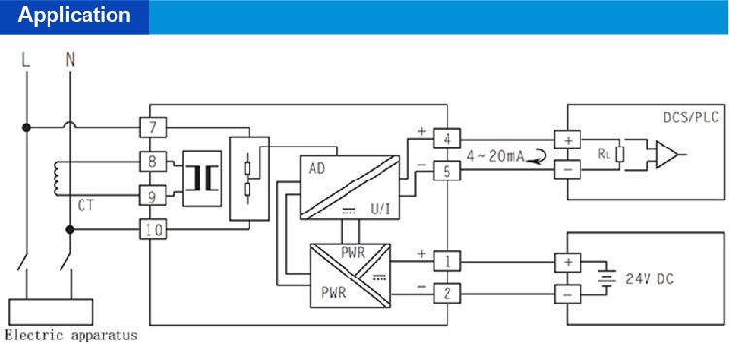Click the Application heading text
(75, 16)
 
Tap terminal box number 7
(153, 127)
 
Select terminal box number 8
(153, 161)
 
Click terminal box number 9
(153, 196)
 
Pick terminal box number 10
(153, 230)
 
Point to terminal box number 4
(447, 140)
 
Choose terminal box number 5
(447, 172)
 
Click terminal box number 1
(447, 261)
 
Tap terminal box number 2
(447, 292)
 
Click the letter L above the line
(26, 60)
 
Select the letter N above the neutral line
(69, 60)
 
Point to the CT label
(85, 206)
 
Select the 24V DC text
(649, 279)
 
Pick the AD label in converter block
(316, 169)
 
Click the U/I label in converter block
(381, 208)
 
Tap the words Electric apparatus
(71, 336)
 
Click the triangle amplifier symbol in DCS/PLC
(668, 153)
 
